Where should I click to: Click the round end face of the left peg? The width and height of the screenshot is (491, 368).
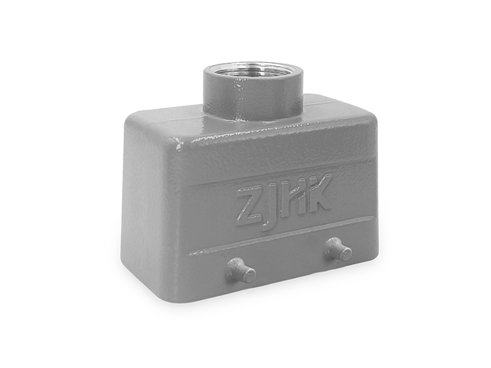coord(250,275)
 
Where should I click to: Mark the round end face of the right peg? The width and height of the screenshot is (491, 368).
coord(346,254)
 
